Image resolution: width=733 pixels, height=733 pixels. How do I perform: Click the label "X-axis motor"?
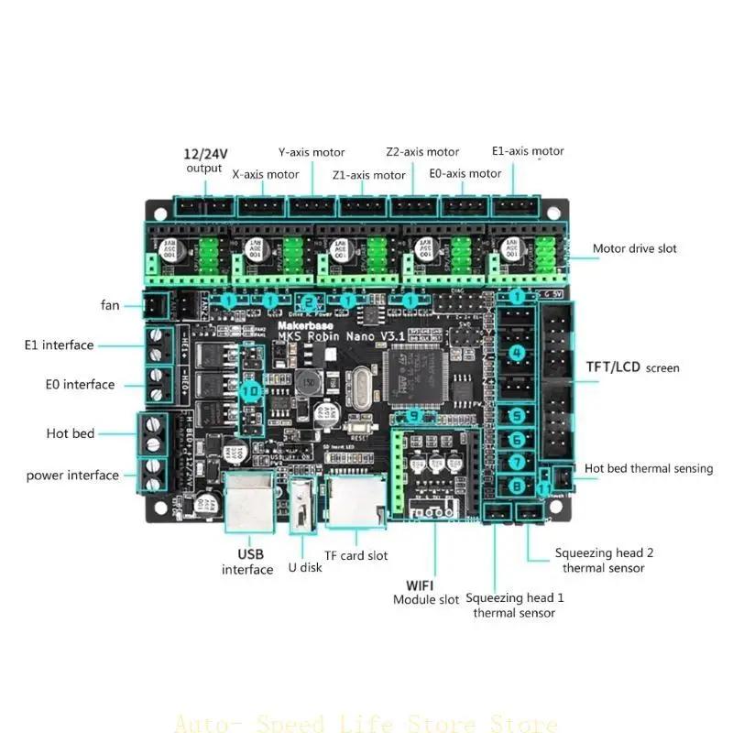tap(265, 173)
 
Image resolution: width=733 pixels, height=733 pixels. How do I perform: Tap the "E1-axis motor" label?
tap(528, 151)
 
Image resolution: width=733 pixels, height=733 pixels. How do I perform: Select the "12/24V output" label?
tap(203, 159)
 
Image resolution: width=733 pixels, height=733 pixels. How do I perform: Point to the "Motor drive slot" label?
tap(635, 248)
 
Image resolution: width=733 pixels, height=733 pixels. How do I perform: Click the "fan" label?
tap(110, 305)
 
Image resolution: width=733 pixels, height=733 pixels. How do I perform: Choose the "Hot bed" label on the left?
tap(71, 432)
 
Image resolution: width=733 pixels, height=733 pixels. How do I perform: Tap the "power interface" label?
tap(72, 475)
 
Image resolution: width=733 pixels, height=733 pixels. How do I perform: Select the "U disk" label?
tap(305, 567)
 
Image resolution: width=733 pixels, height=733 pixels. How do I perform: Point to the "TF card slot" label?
tap(356, 555)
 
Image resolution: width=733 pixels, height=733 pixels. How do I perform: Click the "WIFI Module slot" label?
tap(426, 592)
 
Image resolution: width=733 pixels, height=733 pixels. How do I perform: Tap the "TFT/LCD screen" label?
tap(633, 367)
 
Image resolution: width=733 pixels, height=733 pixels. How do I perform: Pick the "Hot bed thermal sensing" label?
tap(648, 468)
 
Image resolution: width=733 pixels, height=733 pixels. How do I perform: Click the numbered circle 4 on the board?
tap(517, 353)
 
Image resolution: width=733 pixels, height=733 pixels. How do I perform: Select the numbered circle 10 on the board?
tap(249, 390)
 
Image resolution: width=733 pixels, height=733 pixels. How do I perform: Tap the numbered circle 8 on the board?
tap(517, 486)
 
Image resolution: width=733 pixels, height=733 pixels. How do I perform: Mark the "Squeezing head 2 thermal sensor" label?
tap(604, 561)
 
